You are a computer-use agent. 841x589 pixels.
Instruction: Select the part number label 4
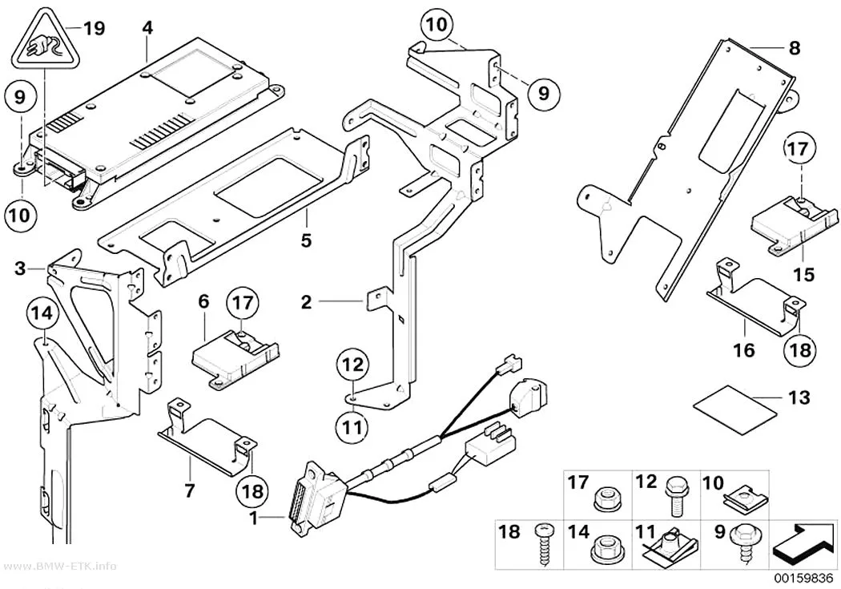click(x=147, y=27)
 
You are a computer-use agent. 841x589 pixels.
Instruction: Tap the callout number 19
click(x=94, y=28)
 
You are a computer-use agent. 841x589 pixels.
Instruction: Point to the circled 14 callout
click(x=42, y=313)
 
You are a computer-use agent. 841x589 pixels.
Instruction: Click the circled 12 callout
click(x=353, y=366)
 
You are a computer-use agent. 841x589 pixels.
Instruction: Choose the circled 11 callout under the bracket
click(x=353, y=428)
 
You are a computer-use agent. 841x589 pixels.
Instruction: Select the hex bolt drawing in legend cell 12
click(x=675, y=496)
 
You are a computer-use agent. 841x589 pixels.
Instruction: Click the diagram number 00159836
click(x=803, y=578)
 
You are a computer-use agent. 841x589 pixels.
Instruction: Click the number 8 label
click(x=795, y=48)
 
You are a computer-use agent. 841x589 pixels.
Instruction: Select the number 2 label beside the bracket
click(x=306, y=302)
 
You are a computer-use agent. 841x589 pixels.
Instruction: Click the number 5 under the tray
click(x=306, y=240)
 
